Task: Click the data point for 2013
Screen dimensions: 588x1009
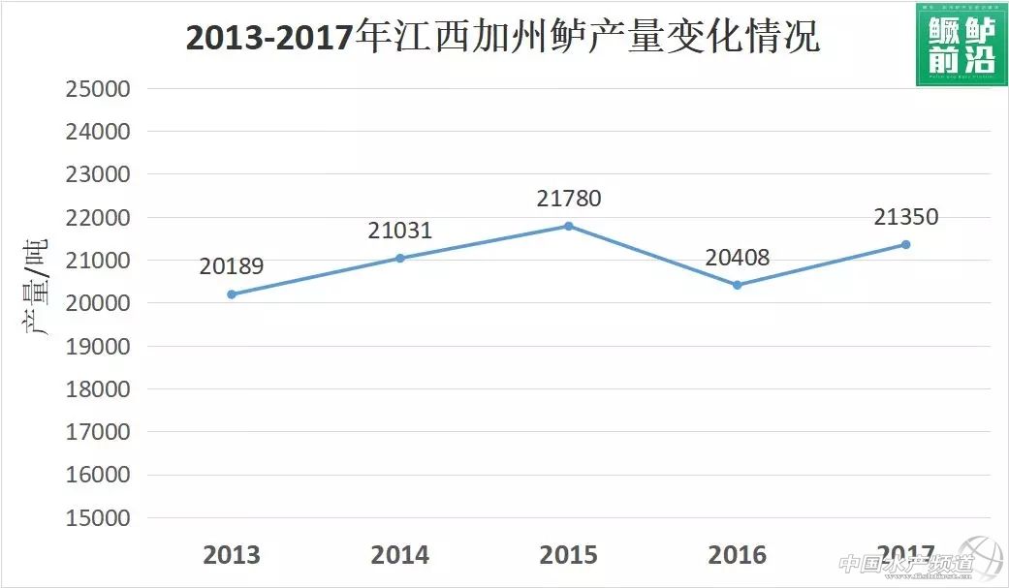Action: [232, 294]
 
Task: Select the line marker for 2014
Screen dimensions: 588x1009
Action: [400, 259]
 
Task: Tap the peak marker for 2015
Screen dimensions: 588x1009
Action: [569, 227]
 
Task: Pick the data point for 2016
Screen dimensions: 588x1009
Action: [738, 285]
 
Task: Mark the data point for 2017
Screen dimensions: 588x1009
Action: [906, 244]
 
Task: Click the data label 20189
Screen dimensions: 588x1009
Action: [232, 266]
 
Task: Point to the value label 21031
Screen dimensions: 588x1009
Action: [400, 231]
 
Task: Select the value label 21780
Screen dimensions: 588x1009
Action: [569, 199]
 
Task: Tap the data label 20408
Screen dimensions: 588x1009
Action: [738, 258]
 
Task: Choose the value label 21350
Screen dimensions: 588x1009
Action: [906, 217]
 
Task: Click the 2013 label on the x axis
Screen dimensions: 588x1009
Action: [232, 555]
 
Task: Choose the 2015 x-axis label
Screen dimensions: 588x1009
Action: [569, 555]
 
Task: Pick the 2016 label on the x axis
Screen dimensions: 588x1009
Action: [738, 555]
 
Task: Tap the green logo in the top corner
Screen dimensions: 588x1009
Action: [960, 44]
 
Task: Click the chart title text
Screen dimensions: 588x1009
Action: [502, 37]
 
